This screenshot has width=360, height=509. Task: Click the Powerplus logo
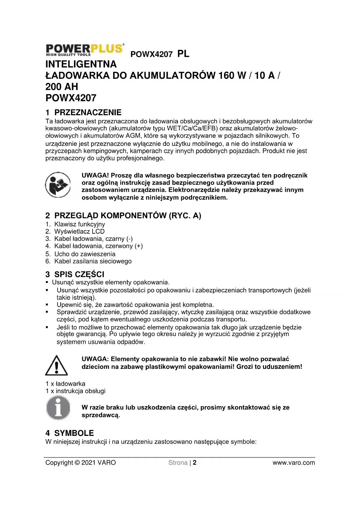(x=85, y=50)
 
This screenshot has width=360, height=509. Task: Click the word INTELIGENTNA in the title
(x=81, y=64)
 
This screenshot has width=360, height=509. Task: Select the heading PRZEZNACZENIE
(x=88, y=113)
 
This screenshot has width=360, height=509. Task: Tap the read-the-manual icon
(x=58, y=185)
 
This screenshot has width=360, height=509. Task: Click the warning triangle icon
(x=57, y=365)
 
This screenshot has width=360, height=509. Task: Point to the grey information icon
(x=58, y=409)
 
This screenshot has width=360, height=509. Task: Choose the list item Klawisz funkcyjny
(x=79, y=224)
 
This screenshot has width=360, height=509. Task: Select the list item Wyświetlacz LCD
(x=79, y=232)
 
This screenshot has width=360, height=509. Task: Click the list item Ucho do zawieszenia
(x=85, y=254)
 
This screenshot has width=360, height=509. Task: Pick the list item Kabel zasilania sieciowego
(x=93, y=261)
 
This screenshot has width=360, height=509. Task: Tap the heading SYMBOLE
(x=74, y=433)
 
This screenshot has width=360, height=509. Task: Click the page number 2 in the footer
(x=195, y=463)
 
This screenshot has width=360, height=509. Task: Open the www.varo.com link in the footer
(x=294, y=463)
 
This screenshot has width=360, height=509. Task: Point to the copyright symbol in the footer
(x=77, y=463)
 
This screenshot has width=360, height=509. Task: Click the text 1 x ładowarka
(x=66, y=384)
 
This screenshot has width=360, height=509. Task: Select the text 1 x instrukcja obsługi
(x=75, y=391)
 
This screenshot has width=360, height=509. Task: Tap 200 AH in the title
(x=62, y=87)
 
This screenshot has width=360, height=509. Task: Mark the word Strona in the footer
(x=178, y=463)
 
